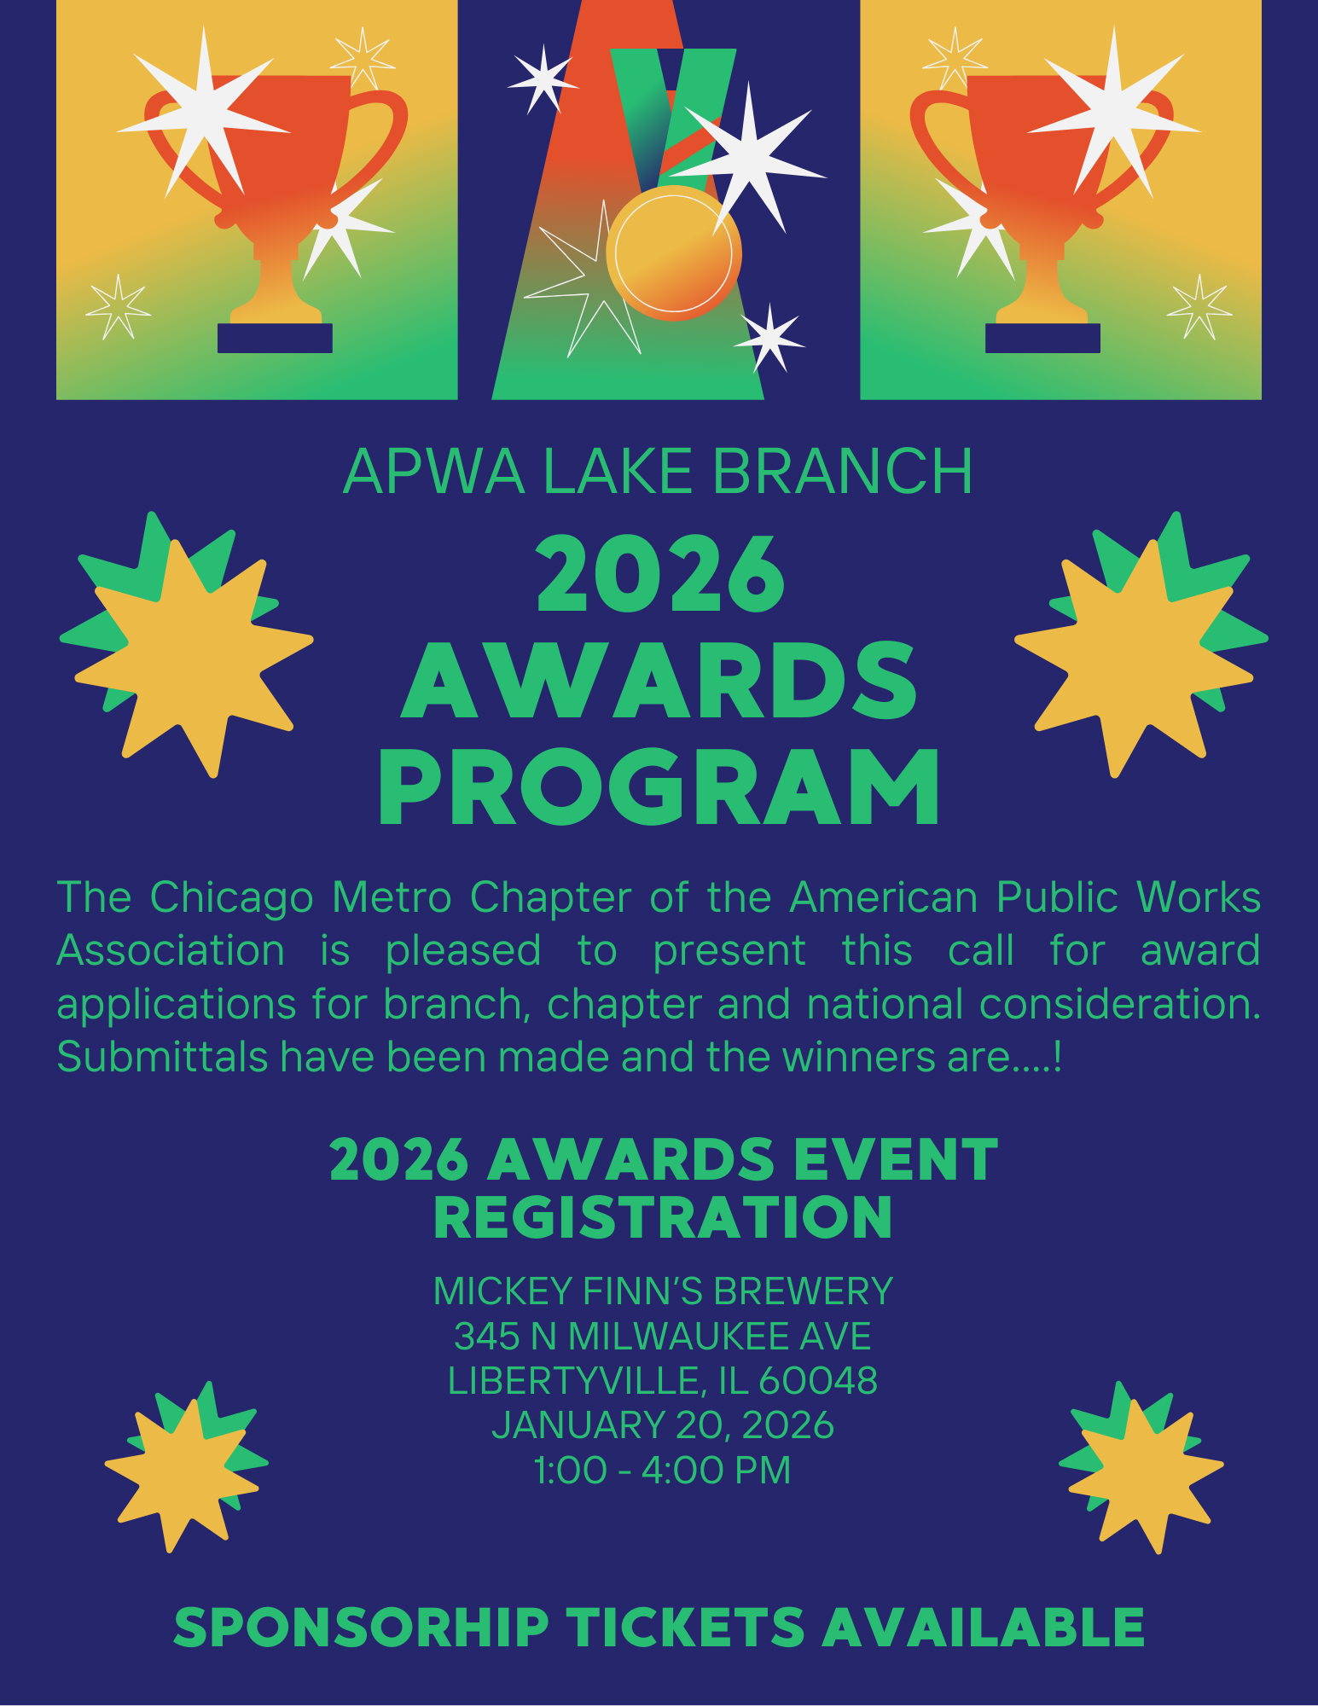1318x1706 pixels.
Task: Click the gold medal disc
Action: [x=674, y=253]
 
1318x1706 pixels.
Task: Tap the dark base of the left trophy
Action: [x=275, y=338]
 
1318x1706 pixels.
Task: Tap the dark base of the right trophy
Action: [x=1042, y=338]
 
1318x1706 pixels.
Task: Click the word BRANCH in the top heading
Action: [x=843, y=471]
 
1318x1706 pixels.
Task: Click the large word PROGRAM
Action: [x=659, y=787]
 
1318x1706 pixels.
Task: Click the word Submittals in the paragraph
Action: [x=163, y=1057]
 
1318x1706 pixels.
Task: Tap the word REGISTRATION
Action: [x=663, y=1217]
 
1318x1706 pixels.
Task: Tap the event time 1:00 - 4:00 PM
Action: [x=663, y=1470]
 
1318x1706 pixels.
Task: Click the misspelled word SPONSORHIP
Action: [x=361, y=1627]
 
